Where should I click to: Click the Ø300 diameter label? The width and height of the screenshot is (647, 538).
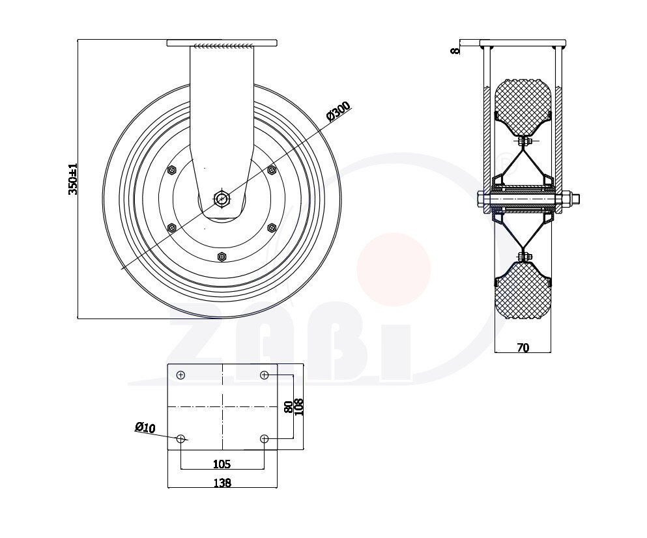pyautogui.click(x=338, y=111)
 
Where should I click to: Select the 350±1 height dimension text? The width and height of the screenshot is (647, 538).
pyautogui.click(x=72, y=178)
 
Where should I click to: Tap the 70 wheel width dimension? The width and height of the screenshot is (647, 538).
pyautogui.click(x=523, y=348)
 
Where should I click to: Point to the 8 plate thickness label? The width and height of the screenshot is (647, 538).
pyautogui.click(x=455, y=50)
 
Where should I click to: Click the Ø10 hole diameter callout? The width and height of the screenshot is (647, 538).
pyautogui.click(x=145, y=427)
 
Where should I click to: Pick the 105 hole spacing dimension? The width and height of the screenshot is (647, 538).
pyautogui.click(x=222, y=464)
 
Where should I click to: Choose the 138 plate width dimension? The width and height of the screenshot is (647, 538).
pyautogui.click(x=222, y=482)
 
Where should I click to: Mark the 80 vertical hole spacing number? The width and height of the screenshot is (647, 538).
pyautogui.click(x=289, y=407)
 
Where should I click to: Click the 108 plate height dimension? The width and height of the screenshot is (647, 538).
pyautogui.click(x=299, y=407)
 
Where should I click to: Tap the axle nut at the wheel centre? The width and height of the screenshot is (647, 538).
pyautogui.click(x=222, y=199)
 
